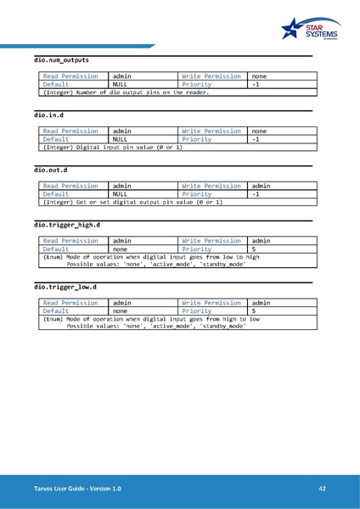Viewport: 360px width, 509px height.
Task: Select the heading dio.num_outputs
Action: coord(61,61)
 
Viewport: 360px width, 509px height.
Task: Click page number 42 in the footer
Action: coord(323,489)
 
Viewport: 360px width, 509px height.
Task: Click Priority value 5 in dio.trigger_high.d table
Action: coord(255,249)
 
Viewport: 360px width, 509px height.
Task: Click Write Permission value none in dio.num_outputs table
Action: coord(260,76)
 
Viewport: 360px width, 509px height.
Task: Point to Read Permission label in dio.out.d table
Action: coord(70,186)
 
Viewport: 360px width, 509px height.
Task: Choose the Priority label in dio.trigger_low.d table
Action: coord(197,311)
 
